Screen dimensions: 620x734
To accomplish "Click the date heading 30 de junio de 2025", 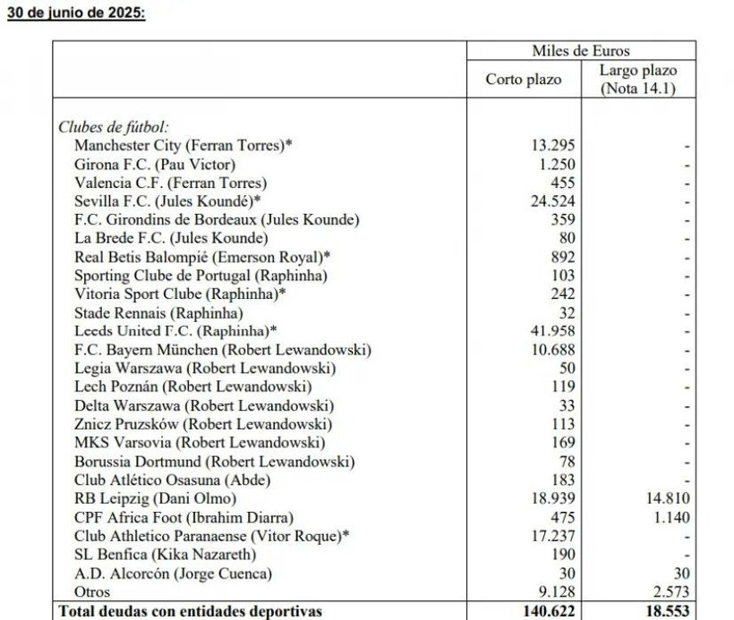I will click(75, 15).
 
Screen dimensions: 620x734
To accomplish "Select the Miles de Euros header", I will click(580, 51).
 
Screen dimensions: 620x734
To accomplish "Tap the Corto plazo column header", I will click(524, 80).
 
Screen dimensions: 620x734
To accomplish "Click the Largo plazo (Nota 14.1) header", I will click(637, 80).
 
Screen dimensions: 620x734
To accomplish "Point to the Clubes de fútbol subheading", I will click(113, 127).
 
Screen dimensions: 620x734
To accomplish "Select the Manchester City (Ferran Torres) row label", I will click(183, 145).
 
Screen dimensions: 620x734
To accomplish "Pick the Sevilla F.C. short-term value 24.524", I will click(552, 201).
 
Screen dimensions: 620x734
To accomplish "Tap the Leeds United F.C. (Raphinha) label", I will click(175, 331).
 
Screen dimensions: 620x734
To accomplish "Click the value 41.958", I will click(552, 331).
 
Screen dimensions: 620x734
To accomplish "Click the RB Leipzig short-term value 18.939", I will click(552, 498).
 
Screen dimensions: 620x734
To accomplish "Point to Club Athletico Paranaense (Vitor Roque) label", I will click(211, 536).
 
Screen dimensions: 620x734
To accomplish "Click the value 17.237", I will click(552, 536).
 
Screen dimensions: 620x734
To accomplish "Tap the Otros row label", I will click(92, 591).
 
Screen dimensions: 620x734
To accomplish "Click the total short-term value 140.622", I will click(547, 611).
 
